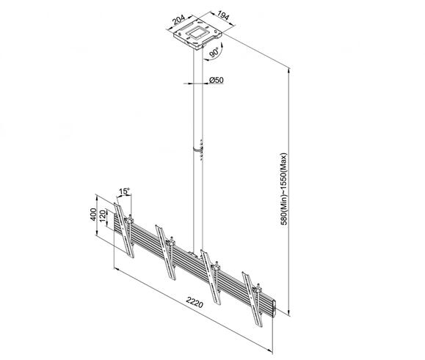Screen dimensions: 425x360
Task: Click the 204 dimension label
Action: pyautogui.click(x=178, y=20)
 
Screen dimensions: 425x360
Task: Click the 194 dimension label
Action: pyautogui.click(x=223, y=15)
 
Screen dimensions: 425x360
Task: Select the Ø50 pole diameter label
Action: pyautogui.click(x=217, y=80)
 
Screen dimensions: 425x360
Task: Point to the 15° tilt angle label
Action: pyautogui.click(x=124, y=191)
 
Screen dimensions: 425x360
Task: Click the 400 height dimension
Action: pyautogui.click(x=93, y=214)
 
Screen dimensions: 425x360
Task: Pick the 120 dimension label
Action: pyautogui.click(x=103, y=216)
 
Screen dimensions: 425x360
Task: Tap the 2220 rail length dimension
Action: pyautogui.click(x=195, y=302)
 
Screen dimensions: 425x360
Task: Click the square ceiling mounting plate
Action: pyautogui.click(x=198, y=34)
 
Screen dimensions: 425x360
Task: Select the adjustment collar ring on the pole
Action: pyautogui.click(x=198, y=149)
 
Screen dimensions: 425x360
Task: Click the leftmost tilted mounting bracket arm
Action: pyautogui.click(x=124, y=230)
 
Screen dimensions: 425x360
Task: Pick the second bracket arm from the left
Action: pyautogui.click(x=166, y=252)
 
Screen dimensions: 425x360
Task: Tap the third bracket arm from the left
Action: pyautogui.click(x=211, y=277)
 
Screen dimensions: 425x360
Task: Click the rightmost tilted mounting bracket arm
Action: pyautogui.click(x=253, y=299)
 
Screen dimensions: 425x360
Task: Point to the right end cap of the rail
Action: pyautogui.click(x=274, y=308)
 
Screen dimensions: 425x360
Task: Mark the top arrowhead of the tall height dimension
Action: pyautogui.click(x=289, y=70)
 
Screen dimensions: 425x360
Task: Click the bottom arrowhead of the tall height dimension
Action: pyautogui.click(x=289, y=313)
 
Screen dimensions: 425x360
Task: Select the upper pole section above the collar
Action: pyautogui.click(x=198, y=98)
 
